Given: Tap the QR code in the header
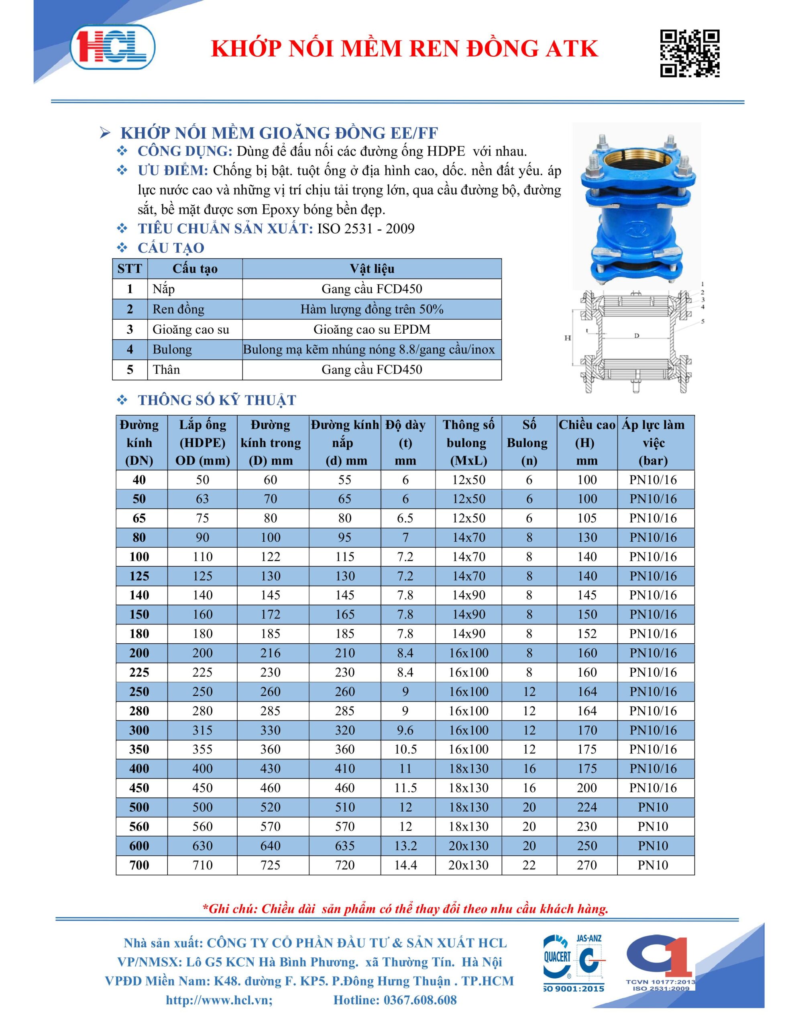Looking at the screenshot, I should click(690, 53).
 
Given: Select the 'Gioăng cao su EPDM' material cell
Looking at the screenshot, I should click(372, 330).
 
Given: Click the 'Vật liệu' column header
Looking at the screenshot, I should click(372, 269).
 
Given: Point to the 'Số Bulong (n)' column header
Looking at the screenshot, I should click(529, 443).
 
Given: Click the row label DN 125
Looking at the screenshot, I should click(139, 576).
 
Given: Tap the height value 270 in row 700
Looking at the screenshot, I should click(586, 865).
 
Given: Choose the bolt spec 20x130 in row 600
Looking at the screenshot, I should click(468, 846).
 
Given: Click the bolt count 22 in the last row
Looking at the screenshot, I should click(529, 865).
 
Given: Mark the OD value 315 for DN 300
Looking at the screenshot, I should click(202, 730).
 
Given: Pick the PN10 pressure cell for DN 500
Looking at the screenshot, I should click(653, 807).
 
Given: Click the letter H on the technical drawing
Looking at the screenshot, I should click(568, 338).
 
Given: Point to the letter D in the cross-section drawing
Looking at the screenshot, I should click(636, 336).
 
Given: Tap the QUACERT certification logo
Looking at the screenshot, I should click(558, 960).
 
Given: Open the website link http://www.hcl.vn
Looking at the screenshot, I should click(219, 1000).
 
